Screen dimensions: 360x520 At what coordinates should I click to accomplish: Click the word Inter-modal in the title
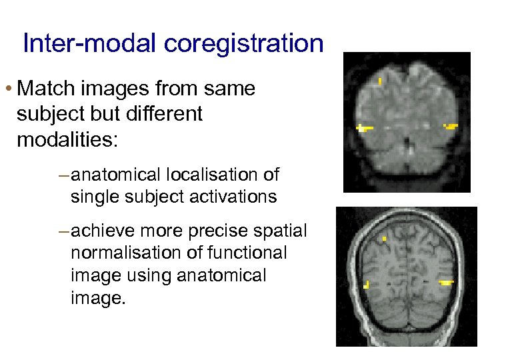coord(90,44)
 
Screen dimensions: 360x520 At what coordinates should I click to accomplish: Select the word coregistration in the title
coord(243,44)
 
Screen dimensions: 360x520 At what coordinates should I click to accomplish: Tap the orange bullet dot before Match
coord(9,89)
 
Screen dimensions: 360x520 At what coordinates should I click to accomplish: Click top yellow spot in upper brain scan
coord(380,82)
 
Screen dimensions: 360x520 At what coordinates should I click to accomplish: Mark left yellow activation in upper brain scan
coord(363,128)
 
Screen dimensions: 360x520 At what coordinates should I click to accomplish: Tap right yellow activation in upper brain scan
coord(451,126)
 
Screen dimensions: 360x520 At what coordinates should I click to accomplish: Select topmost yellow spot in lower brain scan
coord(385,238)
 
